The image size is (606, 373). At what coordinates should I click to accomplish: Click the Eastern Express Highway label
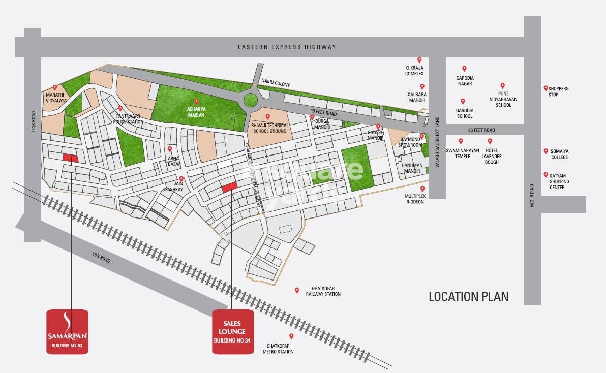click(287, 47)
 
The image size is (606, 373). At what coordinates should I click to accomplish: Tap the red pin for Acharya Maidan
click(196, 102)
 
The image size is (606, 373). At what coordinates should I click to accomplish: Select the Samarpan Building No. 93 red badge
click(67, 331)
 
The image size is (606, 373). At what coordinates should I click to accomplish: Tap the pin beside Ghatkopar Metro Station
click(291, 336)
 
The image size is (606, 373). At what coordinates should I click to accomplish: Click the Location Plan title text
click(468, 296)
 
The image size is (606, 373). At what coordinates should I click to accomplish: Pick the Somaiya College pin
click(546, 151)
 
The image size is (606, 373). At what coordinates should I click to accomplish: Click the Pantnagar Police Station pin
click(120, 108)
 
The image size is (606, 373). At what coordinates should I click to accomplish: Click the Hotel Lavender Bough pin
click(490, 141)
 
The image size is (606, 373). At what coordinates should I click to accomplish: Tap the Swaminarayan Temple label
click(458, 154)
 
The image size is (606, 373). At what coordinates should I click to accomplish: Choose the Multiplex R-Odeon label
click(414, 199)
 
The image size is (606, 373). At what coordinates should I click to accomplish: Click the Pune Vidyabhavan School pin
click(502, 86)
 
